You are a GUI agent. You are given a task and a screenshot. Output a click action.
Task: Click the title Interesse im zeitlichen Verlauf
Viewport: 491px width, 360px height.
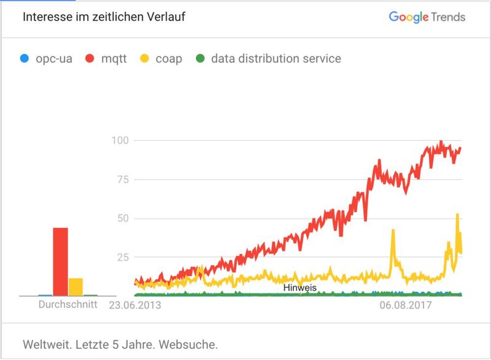pos(104,17)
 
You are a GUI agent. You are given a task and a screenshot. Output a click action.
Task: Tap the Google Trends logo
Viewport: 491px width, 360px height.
pos(427,17)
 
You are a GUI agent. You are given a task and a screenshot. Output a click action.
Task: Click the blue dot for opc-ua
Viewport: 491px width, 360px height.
pos(24,59)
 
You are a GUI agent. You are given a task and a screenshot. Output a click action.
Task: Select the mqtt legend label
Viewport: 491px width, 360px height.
pos(114,59)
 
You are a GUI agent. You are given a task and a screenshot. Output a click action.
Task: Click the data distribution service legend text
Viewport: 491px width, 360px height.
pos(276,59)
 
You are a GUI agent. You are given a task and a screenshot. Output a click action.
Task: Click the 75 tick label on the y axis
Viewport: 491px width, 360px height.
pos(122,179)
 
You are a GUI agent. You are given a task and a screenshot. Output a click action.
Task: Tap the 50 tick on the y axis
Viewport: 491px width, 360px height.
pos(122,218)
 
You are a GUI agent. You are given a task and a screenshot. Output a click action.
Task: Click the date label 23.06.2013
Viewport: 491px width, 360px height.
pos(135,304)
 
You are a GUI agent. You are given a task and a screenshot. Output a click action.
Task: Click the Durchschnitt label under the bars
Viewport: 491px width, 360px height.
pos(68,304)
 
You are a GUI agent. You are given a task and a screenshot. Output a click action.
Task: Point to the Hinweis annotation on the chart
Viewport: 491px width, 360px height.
pos(300,287)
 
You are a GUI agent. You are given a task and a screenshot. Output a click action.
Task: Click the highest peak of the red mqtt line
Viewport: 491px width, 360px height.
pos(441,142)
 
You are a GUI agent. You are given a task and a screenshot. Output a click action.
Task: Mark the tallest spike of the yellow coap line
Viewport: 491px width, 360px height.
pos(457,215)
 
